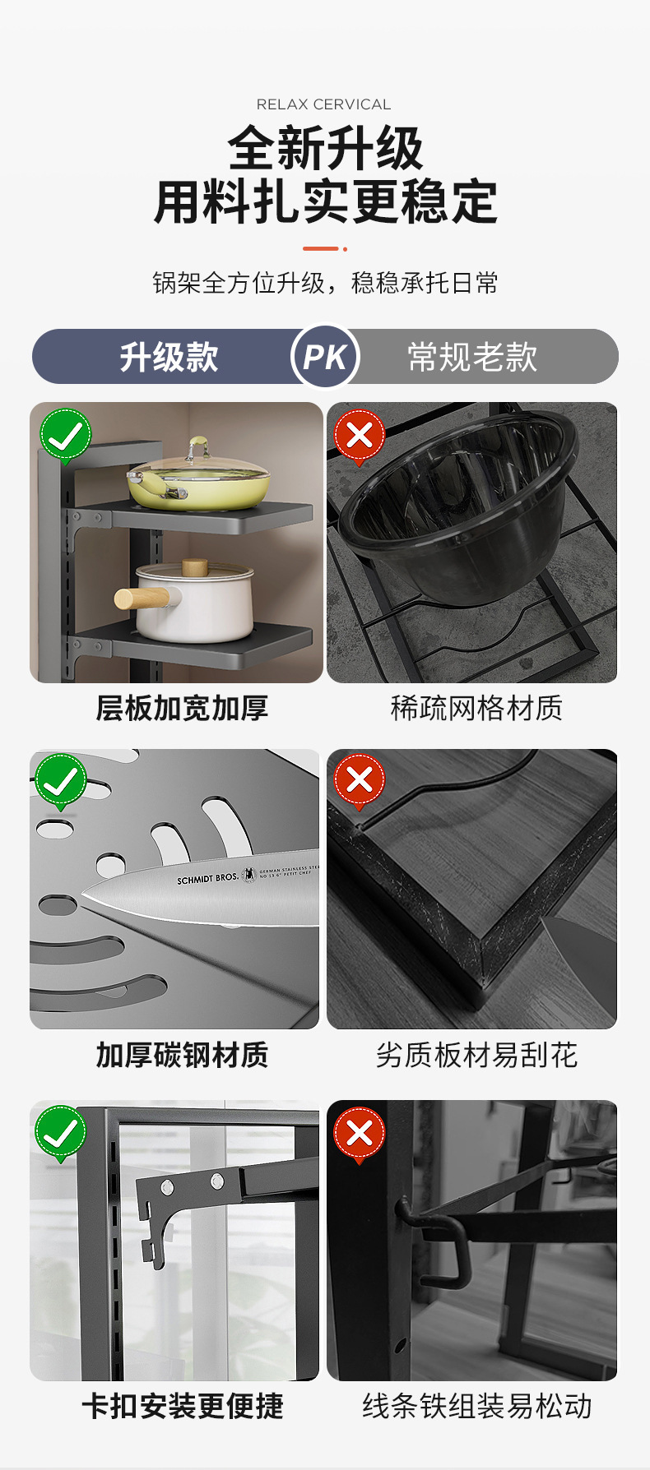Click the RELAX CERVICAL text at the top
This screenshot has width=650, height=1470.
point(324,104)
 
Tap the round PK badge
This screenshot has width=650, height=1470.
point(325,357)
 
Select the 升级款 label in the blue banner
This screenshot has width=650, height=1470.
point(169,357)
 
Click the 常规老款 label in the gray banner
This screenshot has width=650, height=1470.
point(472,357)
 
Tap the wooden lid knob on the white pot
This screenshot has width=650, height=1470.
point(195,568)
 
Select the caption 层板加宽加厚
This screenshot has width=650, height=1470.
point(182,708)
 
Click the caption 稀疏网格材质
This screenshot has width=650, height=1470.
point(476,708)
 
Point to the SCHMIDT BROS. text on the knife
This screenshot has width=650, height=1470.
point(207,879)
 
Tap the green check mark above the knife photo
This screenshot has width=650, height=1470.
point(61,781)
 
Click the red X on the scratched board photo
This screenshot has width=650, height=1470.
point(359,779)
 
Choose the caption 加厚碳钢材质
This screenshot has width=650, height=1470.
point(182,1055)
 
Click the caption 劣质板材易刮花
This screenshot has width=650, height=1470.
point(476,1055)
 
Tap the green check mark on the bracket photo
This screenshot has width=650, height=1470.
point(60,1133)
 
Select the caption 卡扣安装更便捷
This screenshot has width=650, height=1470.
point(182,1407)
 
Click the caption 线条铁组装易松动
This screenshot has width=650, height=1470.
point(476,1407)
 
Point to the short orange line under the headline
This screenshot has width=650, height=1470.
point(321,248)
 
